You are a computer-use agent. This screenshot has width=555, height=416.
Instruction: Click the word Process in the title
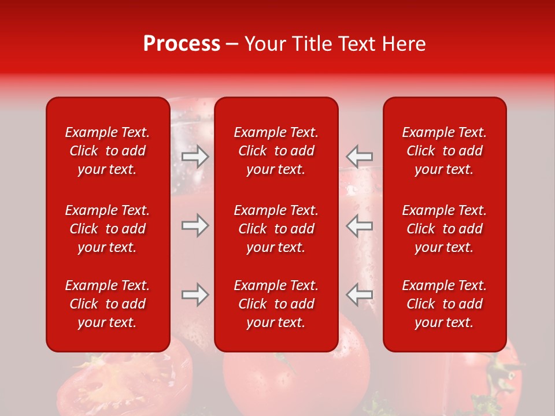182,44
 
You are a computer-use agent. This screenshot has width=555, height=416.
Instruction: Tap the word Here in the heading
402,44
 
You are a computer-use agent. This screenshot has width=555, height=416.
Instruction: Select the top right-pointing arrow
195,157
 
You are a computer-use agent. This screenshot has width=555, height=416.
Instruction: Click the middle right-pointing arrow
195,225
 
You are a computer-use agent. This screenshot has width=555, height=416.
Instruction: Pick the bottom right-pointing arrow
195,295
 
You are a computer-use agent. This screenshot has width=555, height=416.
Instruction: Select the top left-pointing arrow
360,156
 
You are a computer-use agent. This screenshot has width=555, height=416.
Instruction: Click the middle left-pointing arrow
360,225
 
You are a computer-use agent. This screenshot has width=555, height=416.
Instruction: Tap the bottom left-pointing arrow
360,295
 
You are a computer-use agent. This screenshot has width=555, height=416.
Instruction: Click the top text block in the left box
108,151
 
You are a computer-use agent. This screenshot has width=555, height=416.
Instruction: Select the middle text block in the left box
108,229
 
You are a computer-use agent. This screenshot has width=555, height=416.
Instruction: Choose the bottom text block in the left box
108,304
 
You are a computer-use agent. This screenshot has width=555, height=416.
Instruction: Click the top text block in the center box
276,151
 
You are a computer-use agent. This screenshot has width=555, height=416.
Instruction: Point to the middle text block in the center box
276,229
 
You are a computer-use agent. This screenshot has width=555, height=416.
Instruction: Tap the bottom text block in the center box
276,304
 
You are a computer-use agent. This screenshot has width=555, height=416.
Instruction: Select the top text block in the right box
445,151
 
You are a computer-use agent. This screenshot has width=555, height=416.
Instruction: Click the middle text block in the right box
445,229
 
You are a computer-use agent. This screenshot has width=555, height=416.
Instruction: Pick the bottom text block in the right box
445,304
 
